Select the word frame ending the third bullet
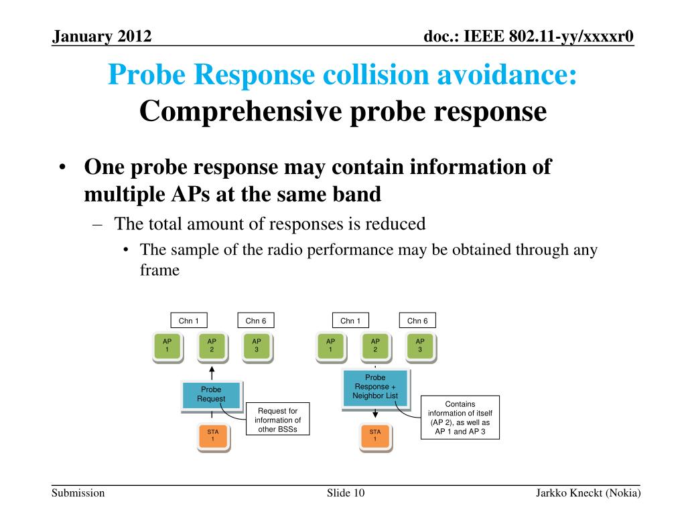pyautogui.click(x=159, y=270)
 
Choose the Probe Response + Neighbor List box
pyautogui.click(x=375, y=387)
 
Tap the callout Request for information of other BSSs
pyautogui.click(x=277, y=420)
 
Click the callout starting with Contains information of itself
pyautogui.click(x=460, y=418)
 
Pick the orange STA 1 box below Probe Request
pyautogui.click(x=212, y=436)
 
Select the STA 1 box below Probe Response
pyautogui.click(x=375, y=436)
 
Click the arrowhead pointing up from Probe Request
pyautogui.click(x=212, y=369)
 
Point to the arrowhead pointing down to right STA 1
pyautogui.click(x=375, y=414)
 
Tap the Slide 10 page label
pyautogui.click(x=346, y=493)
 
